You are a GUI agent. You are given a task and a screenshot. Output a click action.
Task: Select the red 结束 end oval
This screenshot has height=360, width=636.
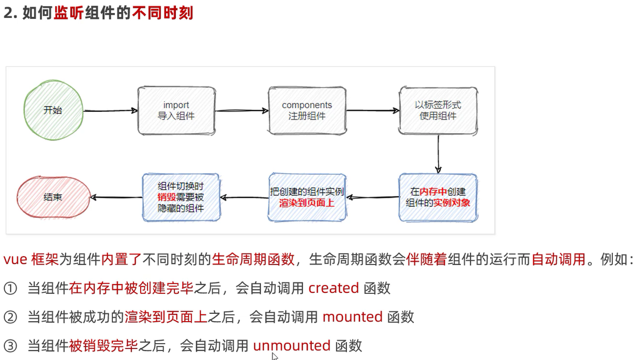click(x=52, y=197)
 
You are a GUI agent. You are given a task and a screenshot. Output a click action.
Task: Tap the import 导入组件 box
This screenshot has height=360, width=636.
click(x=176, y=110)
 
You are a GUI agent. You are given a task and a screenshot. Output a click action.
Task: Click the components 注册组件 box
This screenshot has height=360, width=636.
click(x=307, y=110)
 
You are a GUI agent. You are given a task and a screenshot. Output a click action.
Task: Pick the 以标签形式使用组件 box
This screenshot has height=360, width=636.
click(x=438, y=110)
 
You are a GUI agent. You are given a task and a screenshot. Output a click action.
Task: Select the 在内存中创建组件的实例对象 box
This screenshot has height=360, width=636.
click(x=438, y=197)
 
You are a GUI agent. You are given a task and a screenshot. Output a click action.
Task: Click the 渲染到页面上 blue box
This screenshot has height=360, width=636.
click(x=307, y=197)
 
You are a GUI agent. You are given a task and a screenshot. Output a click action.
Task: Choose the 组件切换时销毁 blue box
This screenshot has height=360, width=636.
click(x=181, y=197)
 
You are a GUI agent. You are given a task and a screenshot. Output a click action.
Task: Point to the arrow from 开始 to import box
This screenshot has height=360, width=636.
click(x=110, y=111)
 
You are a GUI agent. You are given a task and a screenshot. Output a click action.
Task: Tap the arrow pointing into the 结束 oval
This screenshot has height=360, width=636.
click(x=116, y=197)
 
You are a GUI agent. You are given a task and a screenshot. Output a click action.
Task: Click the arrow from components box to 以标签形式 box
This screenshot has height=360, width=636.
click(x=373, y=111)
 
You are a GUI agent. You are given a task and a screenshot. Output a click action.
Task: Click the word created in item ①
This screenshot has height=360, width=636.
click(x=333, y=288)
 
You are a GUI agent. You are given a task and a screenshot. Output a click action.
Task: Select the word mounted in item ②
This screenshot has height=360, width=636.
click(x=352, y=317)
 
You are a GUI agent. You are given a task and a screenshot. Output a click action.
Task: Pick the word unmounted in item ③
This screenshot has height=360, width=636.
click(x=292, y=346)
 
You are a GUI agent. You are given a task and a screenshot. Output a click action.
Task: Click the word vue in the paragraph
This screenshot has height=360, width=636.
click(x=15, y=259)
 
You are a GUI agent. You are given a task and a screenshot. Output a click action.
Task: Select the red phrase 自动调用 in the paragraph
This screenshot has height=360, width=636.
click(x=558, y=259)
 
